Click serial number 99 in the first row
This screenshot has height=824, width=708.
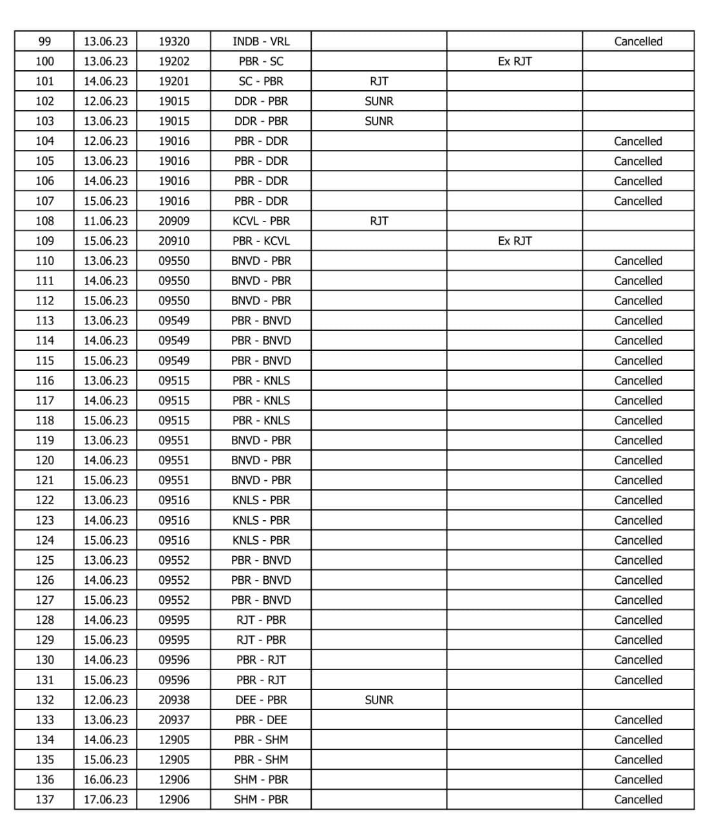click(44, 41)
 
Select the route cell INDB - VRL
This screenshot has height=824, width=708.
click(261, 41)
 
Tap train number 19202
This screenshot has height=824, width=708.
click(174, 61)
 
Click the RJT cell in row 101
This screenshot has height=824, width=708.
click(379, 81)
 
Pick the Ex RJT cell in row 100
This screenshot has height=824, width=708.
click(515, 61)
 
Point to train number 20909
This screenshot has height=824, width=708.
click(174, 221)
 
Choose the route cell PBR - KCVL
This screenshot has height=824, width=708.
click(261, 241)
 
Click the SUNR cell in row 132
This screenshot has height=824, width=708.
click(379, 700)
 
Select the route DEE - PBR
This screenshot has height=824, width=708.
click(261, 700)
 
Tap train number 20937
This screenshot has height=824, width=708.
click(174, 720)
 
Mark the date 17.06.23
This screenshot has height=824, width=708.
click(106, 800)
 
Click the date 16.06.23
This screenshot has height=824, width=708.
click(106, 780)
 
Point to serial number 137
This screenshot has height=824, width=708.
click(44, 800)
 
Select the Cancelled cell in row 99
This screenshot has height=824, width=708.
click(638, 41)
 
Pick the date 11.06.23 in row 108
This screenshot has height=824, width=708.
click(106, 221)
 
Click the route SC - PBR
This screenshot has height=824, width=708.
click(261, 81)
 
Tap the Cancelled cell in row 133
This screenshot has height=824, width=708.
click(638, 720)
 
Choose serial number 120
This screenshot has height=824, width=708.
click(44, 460)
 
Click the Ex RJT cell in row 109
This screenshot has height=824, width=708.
click(515, 241)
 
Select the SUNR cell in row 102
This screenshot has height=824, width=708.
click(379, 101)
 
